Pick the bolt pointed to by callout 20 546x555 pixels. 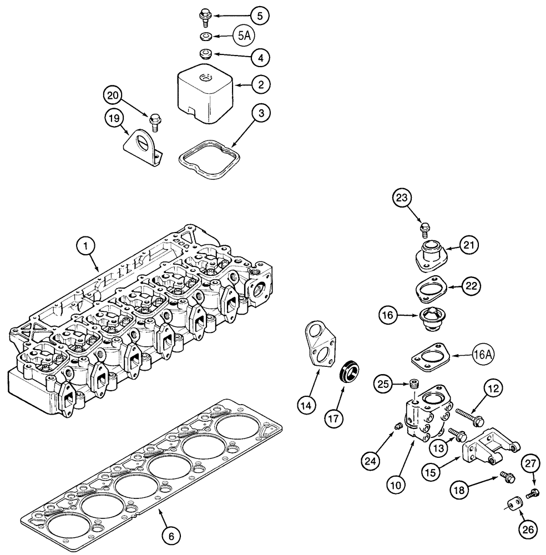tap(155, 120)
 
